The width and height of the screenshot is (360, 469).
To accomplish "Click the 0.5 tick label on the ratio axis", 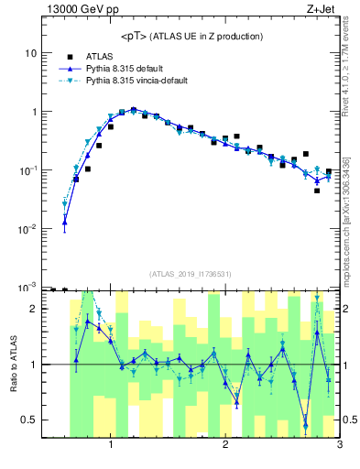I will (x=27, y=420).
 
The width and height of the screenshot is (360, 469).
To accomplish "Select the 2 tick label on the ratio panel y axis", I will (x=32, y=309).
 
